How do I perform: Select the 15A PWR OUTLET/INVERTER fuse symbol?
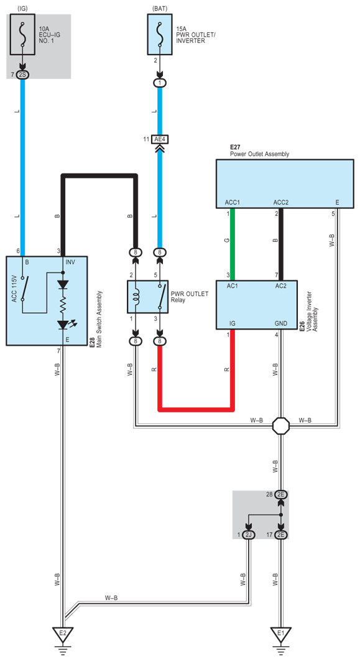(160, 34)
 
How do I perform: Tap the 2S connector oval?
(22, 75)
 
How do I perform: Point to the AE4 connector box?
(160, 139)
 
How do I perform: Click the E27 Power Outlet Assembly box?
(285, 184)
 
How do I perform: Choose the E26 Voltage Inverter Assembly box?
(256, 305)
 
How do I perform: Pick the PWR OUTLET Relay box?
(147, 297)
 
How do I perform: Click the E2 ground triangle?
(63, 633)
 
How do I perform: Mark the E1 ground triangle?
(281, 633)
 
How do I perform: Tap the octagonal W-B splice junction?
(281, 426)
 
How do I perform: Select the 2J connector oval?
(249, 535)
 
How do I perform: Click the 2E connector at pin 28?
(281, 494)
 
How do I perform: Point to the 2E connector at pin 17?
(281, 535)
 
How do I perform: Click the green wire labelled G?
(233, 244)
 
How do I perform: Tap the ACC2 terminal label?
(281, 203)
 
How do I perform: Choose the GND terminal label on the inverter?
(281, 324)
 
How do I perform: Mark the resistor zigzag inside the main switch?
(63, 303)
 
